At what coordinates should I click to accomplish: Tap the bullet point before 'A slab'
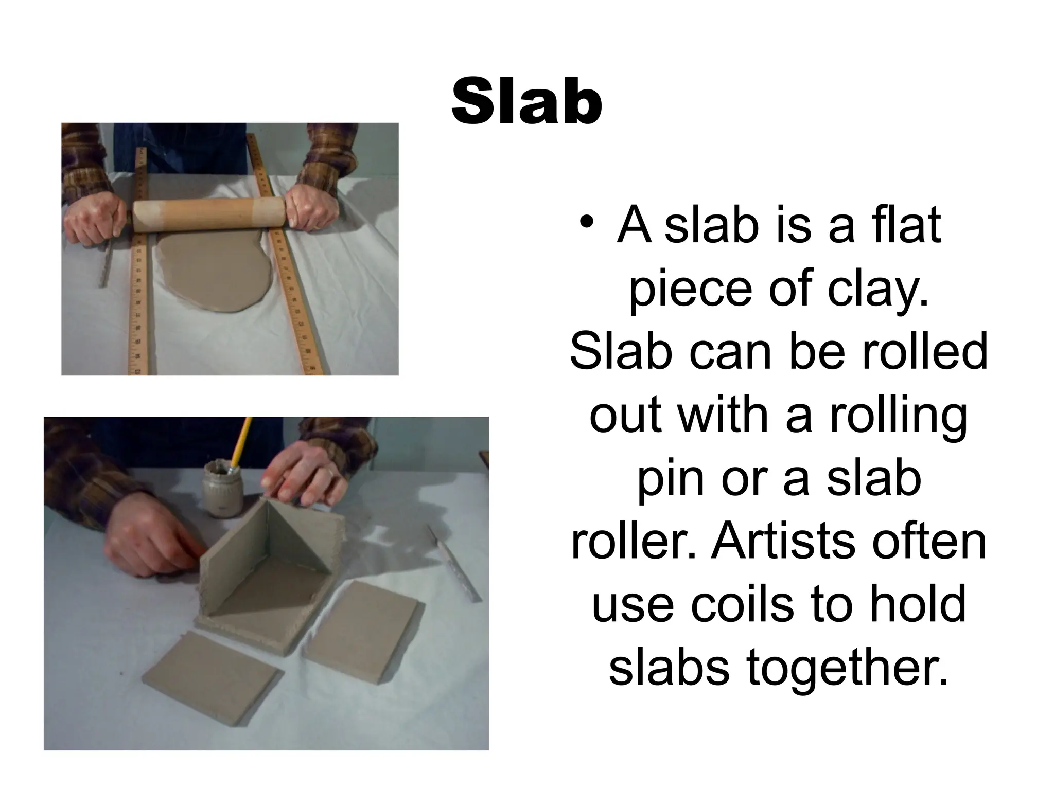pyautogui.click(x=586, y=225)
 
